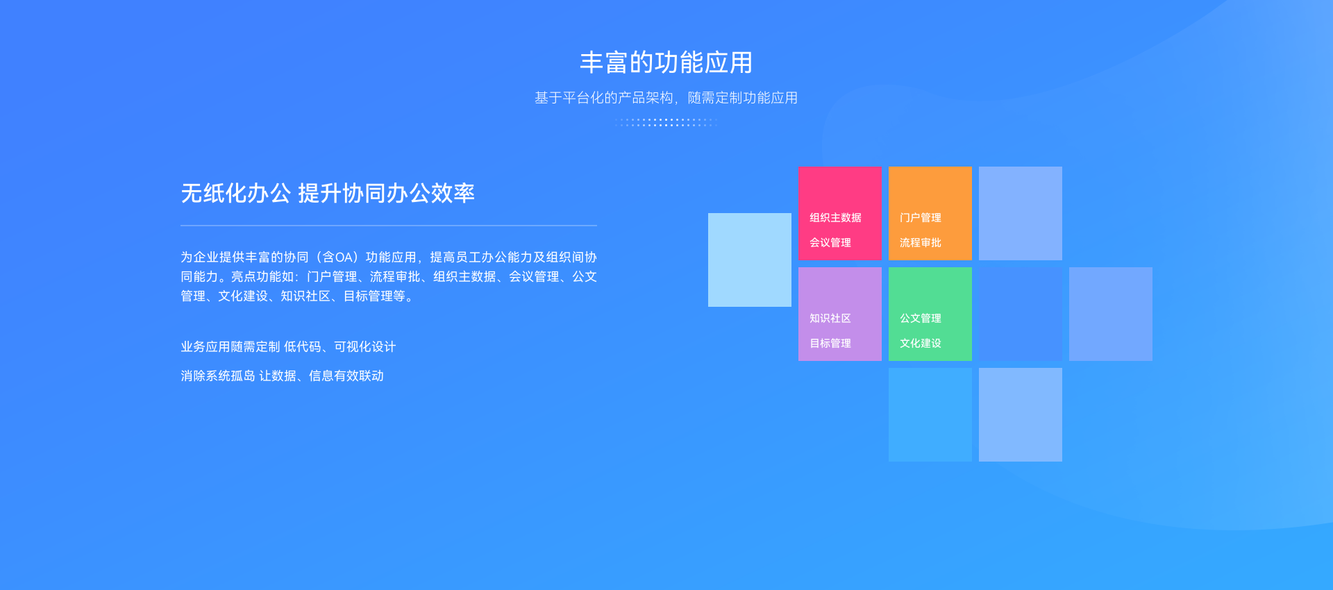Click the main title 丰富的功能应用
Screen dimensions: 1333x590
tap(666, 62)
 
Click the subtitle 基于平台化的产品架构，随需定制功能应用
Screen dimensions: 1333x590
tap(666, 98)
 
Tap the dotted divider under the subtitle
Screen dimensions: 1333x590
tap(666, 122)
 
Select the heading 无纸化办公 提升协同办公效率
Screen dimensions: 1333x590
tap(328, 193)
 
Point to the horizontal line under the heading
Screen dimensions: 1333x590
tap(389, 226)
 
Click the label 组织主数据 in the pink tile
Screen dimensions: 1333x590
tap(835, 217)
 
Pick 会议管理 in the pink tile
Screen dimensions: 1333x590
tap(830, 242)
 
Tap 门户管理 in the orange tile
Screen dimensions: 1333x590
tap(921, 217)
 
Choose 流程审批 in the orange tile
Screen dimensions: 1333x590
tap(921, 242)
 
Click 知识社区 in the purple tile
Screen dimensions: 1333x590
tap(830, 318)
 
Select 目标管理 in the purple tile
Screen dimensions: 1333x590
tap(830, 343)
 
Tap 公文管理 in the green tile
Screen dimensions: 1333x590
tap(921, 318)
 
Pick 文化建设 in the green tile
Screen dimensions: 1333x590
tap(921, 343)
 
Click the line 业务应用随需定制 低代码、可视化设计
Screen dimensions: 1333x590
tap(288, 346)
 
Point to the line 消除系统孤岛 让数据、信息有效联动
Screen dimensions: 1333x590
tap(282, 376)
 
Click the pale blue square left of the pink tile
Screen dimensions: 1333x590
tap(750, 260)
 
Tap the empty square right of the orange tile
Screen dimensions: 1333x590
tap(1021, 213)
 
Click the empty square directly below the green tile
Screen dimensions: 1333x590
tap(930, 414)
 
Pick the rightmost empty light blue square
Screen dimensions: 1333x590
tap(1111, 314)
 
